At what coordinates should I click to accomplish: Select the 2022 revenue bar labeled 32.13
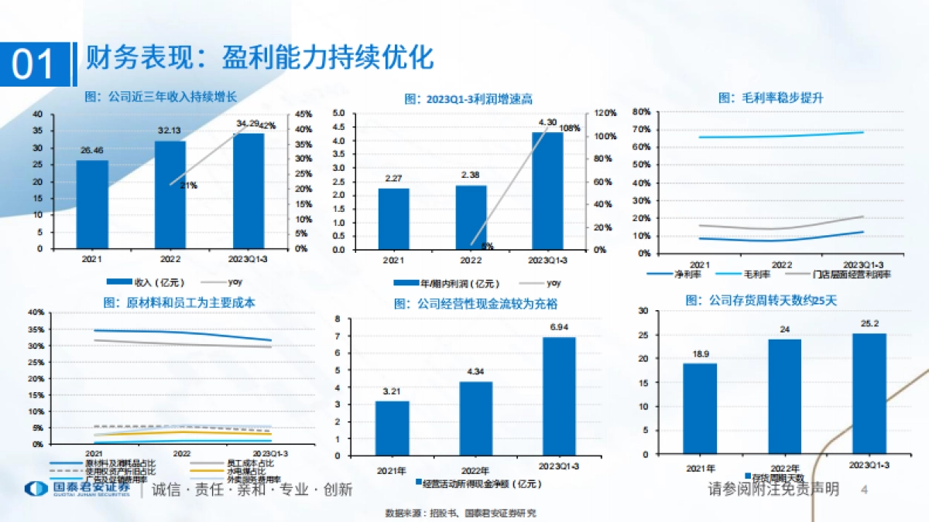tap(170, 195)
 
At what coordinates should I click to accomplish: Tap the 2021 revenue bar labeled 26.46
tap(92, 205)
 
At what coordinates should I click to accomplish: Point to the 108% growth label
tap(569, 128)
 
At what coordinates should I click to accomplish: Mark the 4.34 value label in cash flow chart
tap(476, 373)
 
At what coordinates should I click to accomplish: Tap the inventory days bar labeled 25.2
tap(869, 392)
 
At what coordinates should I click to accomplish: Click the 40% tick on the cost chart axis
tap(36, 312)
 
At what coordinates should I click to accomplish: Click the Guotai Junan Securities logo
tap(77, 490)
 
